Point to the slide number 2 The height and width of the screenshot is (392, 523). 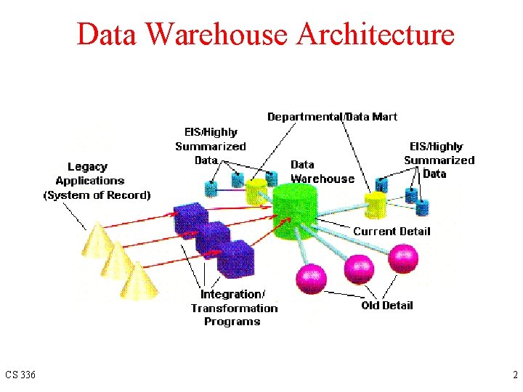click(x=514, y=375)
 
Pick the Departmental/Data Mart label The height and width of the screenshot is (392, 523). click(x=332, y=116)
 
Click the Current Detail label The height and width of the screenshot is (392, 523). click(x=392, y=232)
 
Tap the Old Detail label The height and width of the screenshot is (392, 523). click(x=386, y=306)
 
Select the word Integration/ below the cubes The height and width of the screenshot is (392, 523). click(x=232, y=294)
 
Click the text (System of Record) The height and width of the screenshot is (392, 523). click(x=97, y=195)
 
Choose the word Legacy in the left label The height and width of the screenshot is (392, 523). click(x=87, y=167)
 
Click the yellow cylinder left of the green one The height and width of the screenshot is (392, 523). click(x=256, y=192)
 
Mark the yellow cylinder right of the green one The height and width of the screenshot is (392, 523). click(x=376, y=204)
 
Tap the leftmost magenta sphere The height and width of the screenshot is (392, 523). click(x=310, y=279)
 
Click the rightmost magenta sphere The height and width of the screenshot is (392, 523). click(x=403, y=258)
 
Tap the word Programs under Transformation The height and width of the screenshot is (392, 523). click(x=232, y=322)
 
